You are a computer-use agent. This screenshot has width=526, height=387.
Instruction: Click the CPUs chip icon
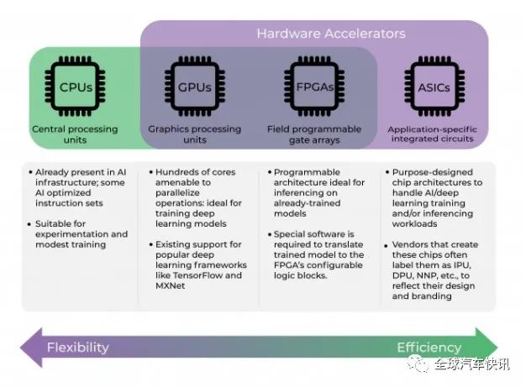tap(75, 86)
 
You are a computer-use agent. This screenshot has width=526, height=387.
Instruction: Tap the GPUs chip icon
tap(195, 86)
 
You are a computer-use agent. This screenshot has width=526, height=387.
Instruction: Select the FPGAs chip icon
tap(314, 86)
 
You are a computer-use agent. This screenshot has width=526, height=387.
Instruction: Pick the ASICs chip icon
tap(434, 86)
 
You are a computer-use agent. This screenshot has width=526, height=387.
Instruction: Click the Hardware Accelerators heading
tap(331, 34)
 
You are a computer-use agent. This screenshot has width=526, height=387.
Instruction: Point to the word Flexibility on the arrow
tap(78, 348)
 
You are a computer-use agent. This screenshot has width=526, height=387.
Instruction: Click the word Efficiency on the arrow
tap(429, 348)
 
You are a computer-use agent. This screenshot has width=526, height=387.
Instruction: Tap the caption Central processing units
tap(75, 134)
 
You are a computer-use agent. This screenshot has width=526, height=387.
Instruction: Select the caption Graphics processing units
tap(195, 134)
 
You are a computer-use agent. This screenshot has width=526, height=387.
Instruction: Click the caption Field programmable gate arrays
tap(314, 134)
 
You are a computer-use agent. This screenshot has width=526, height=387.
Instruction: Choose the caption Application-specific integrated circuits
tap(433, 134)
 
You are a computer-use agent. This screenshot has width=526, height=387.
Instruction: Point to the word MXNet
tap(171, 285)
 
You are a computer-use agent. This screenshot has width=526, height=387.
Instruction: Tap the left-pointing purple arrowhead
tap(32, 348)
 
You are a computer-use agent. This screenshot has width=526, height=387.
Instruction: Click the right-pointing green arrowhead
tap(487, 348)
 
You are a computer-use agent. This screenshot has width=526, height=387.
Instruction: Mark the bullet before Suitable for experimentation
tap(29, 224)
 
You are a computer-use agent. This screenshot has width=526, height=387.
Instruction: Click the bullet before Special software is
tap(270, 234)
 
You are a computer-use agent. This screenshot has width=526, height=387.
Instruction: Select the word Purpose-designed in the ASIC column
tap(433, 173)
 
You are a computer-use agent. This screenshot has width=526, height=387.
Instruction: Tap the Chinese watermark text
tap(472, 363)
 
